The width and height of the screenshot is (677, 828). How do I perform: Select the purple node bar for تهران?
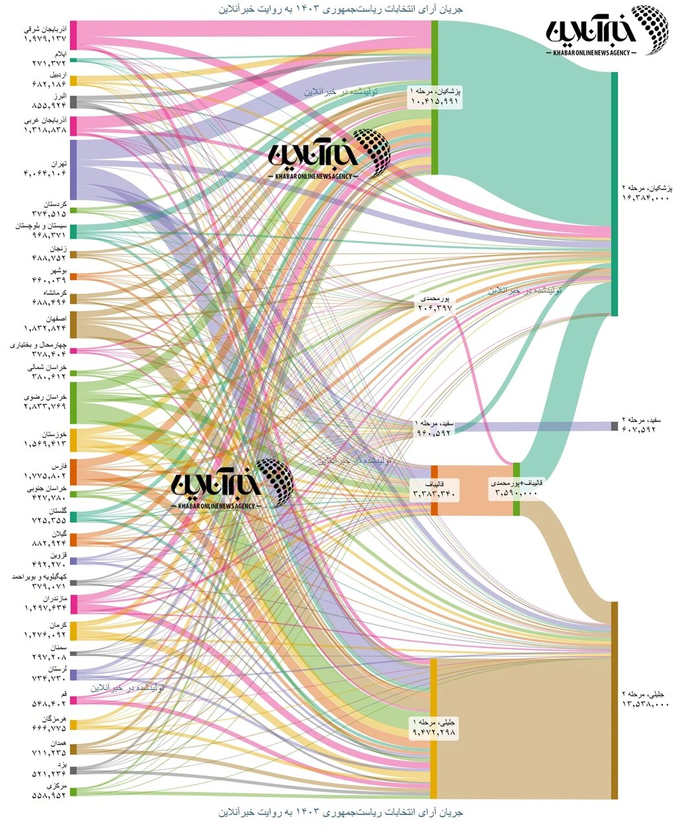click(x=73, y=169)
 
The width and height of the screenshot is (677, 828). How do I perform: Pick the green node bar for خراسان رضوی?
click(x=73, y=402)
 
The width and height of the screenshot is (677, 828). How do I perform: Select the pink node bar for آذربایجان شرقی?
click(x=73, y=35)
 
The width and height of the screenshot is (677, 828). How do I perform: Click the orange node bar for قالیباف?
click(x=434, y=490)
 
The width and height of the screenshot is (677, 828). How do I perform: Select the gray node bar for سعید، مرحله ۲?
click(x=614, y=426)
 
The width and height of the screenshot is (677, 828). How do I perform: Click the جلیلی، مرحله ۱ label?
click(x=434, y=727)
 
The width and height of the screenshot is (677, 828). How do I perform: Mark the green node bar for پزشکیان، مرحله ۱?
click(x=434, y=97)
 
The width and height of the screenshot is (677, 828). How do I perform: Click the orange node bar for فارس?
click(x=73, y=472)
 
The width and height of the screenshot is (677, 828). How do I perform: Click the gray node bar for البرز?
click(x=73, y=102)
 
